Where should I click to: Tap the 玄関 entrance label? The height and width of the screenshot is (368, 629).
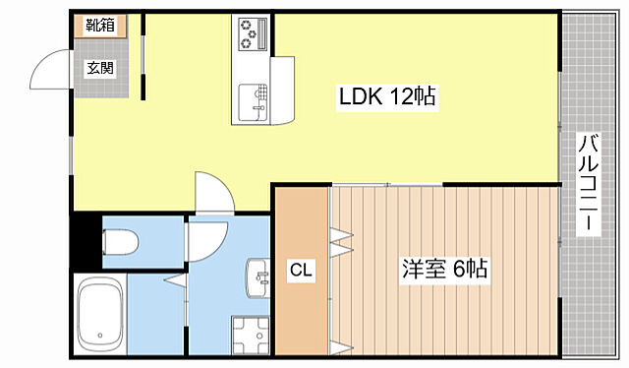[99, 68]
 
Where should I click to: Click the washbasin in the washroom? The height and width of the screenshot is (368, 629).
[258, 278]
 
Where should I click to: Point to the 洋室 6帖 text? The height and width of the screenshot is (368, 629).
[444, 268]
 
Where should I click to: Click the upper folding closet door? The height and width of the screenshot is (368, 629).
[340, 238]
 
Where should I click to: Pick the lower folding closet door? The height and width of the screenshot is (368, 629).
[340, 345]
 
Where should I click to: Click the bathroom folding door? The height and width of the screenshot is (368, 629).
[174, 283]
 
